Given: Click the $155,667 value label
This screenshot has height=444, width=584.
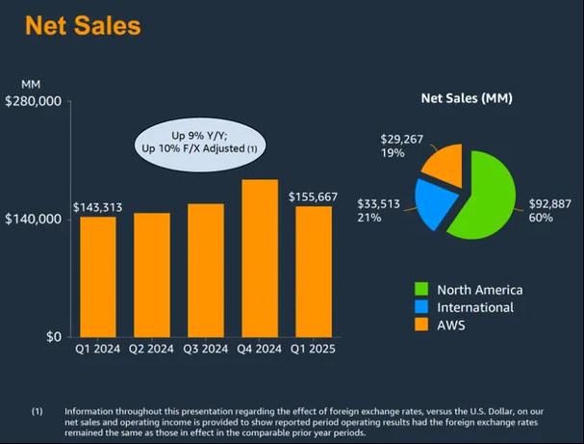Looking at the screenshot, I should tap(313, 196).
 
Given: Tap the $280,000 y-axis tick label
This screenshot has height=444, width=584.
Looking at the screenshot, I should tap(35, 101).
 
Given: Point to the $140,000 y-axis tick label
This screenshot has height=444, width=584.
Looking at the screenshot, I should tap(35, 220).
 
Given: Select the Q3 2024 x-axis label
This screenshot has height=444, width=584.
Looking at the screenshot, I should tap(205, 349).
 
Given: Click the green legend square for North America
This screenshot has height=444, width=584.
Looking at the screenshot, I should tap(420, 290).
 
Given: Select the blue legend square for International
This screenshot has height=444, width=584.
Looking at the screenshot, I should tap(420, 308).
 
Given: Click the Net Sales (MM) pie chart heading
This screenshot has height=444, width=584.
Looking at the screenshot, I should tap(467, 99).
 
